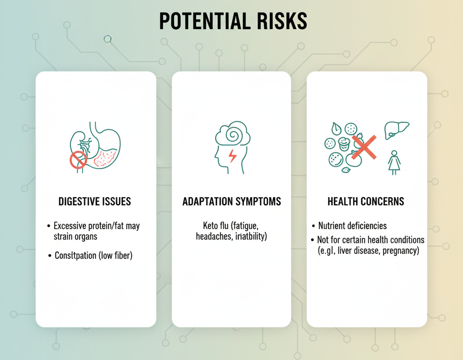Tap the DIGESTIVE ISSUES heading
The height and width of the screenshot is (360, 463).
click(94, 201)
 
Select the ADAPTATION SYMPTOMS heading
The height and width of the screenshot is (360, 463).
click(232, 201)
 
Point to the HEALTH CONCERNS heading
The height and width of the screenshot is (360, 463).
click(366, 201)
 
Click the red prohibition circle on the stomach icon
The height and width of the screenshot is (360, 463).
click(78, 160)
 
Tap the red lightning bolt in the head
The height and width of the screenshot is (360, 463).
click(233, 156)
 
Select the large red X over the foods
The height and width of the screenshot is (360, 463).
click(364, 147)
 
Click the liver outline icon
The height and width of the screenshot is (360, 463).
click(396, 130)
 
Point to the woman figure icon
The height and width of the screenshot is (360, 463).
click(394, 162)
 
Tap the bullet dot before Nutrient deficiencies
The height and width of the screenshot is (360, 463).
click(313, 226)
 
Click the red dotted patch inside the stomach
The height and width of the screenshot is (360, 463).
click(105, 158)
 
